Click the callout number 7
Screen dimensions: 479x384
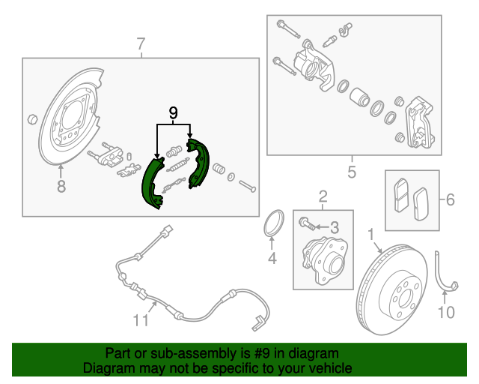(x=141, y=44)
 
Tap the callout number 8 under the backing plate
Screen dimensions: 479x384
(x=61, y=186)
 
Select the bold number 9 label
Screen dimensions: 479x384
(x=173, y=113)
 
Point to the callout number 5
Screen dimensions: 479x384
(x=352, y=172)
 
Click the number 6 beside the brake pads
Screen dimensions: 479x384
(x=451, y=199)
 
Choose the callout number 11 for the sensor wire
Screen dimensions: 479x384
(x=141, y=320)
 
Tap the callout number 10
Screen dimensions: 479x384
(x=446, y=312)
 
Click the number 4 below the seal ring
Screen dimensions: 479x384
(x=272, y=259)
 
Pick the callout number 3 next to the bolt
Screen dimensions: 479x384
(x=335, y=228)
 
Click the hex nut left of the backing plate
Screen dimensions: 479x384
(x=32, y=119)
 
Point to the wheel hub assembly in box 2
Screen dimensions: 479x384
(x=325, y=260)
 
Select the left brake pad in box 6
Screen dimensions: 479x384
(x=400, y=195)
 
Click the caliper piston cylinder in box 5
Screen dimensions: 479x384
(x=359, y=97)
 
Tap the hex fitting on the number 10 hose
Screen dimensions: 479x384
(x=454, y=286)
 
